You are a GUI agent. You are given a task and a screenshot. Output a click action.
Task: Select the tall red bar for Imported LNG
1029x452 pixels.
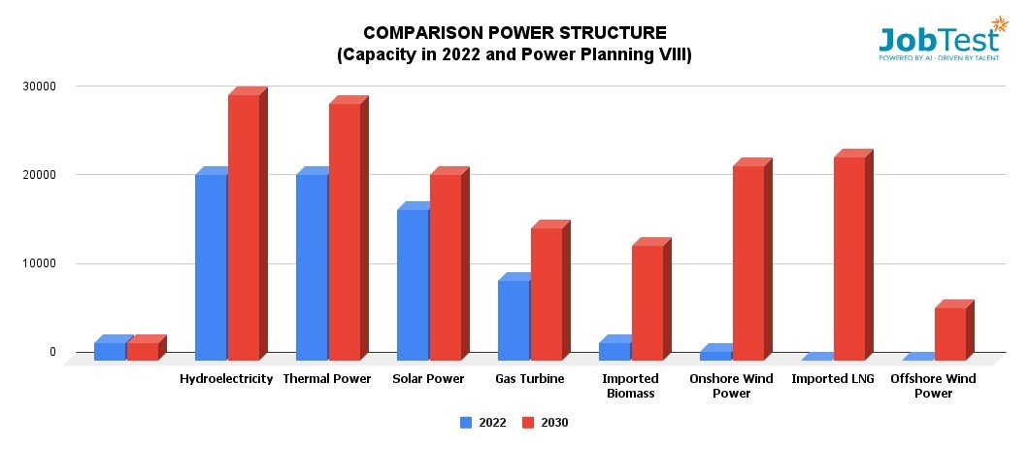[x=849, y=259]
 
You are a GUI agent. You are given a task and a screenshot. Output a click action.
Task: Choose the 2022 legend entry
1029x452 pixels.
[x=482, y=423]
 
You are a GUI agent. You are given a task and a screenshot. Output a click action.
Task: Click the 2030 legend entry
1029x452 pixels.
[x=545, y=423]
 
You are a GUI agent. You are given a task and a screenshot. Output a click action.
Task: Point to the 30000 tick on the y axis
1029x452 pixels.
[x=40, y=87]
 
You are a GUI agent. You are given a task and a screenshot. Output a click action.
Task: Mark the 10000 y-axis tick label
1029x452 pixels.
[x=40, y=263]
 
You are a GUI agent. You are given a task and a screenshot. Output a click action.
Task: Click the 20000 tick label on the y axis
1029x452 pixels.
[x=40, y=175]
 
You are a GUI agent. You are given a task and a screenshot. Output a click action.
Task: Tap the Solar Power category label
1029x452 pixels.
[x=428, y=379]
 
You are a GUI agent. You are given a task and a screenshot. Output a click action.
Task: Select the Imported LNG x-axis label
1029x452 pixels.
[x=832, y=379]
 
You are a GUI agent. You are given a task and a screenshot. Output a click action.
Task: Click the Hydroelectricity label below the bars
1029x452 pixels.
[x=226, y=379]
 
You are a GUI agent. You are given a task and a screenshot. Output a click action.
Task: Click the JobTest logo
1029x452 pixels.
[x=939, y=42]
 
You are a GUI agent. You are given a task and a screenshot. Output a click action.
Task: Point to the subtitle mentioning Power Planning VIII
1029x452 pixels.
[x=514, y=55]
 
